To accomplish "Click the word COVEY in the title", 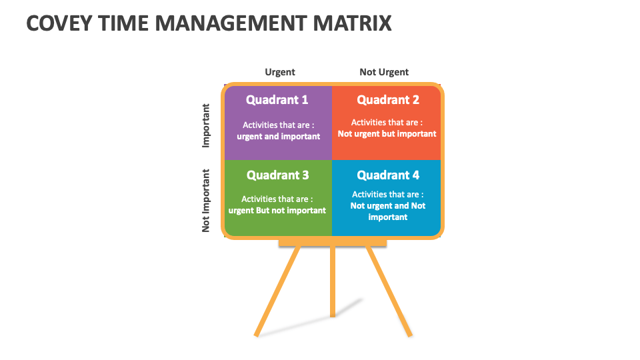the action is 59,23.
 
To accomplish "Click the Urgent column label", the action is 280,72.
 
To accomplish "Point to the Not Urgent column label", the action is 384,72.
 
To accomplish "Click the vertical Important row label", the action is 206,126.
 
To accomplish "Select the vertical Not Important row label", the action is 206,201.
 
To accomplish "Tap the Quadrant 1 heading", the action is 277,100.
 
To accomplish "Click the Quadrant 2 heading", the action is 388,100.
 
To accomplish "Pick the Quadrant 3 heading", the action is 277,175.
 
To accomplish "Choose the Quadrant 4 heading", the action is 388,175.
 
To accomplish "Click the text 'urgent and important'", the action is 279,137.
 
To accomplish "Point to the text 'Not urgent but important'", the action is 387,134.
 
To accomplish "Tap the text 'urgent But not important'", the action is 277,211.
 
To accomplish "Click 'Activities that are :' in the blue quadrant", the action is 388,195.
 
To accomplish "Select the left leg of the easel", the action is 277,291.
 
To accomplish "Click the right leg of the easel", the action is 389,291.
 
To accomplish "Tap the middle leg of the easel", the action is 333,281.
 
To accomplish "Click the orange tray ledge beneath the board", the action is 333,243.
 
